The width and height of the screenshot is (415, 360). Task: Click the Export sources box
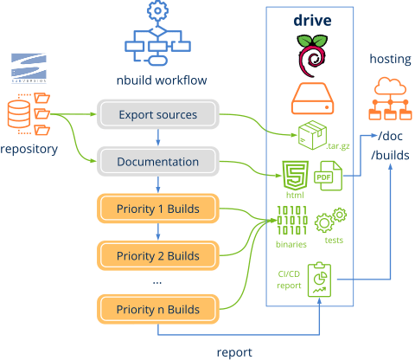(x=157, y=114)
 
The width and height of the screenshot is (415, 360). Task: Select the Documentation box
(x=157, y=162)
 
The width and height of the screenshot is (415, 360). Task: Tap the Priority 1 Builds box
(x=157, y=209)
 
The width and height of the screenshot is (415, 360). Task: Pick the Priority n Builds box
(x=157, y=309)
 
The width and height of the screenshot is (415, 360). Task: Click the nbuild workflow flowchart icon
(x=157, y=38)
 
